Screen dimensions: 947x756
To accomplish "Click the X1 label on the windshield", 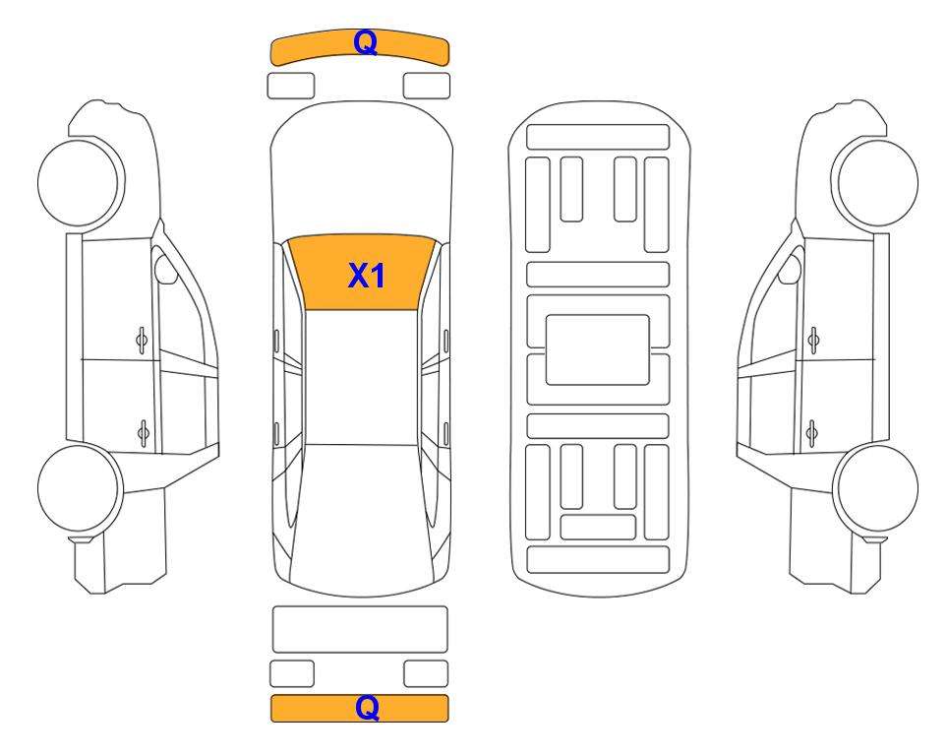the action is (x=366, y=276).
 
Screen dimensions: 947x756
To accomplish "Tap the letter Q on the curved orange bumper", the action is (x=366, y=43).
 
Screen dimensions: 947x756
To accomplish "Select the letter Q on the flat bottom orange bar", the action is (x=367, y=707).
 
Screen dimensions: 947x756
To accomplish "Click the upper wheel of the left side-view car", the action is (x=81, y=183).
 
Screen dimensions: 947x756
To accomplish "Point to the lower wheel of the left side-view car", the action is (x=81, y=488).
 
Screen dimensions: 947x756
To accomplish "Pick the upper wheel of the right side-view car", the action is (x=874, y=183).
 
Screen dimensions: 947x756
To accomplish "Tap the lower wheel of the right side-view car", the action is (x=875, y=488).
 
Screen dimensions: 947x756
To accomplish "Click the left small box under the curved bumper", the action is (x=291, y=86).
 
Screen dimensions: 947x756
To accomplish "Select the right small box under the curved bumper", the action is (x=427, y=86).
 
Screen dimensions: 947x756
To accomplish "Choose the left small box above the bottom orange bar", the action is (x=292, y=673).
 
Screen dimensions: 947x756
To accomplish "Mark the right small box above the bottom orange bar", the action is (x=426, y=673).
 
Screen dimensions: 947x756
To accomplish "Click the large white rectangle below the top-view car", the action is (x=360, y=630).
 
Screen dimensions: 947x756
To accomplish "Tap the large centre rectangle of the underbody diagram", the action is (x=597, y=349).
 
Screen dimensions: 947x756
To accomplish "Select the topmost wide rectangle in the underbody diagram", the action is (x=598, y=137).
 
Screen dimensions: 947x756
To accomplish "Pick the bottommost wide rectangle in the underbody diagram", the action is (x=598, y=560).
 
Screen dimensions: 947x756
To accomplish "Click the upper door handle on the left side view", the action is (x=142, y=341).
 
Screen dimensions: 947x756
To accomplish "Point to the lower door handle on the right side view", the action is (x=812, y=434).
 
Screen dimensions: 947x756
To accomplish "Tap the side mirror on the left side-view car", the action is (x=165, y=269).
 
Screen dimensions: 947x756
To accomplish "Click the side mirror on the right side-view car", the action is (x=790, y=269).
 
